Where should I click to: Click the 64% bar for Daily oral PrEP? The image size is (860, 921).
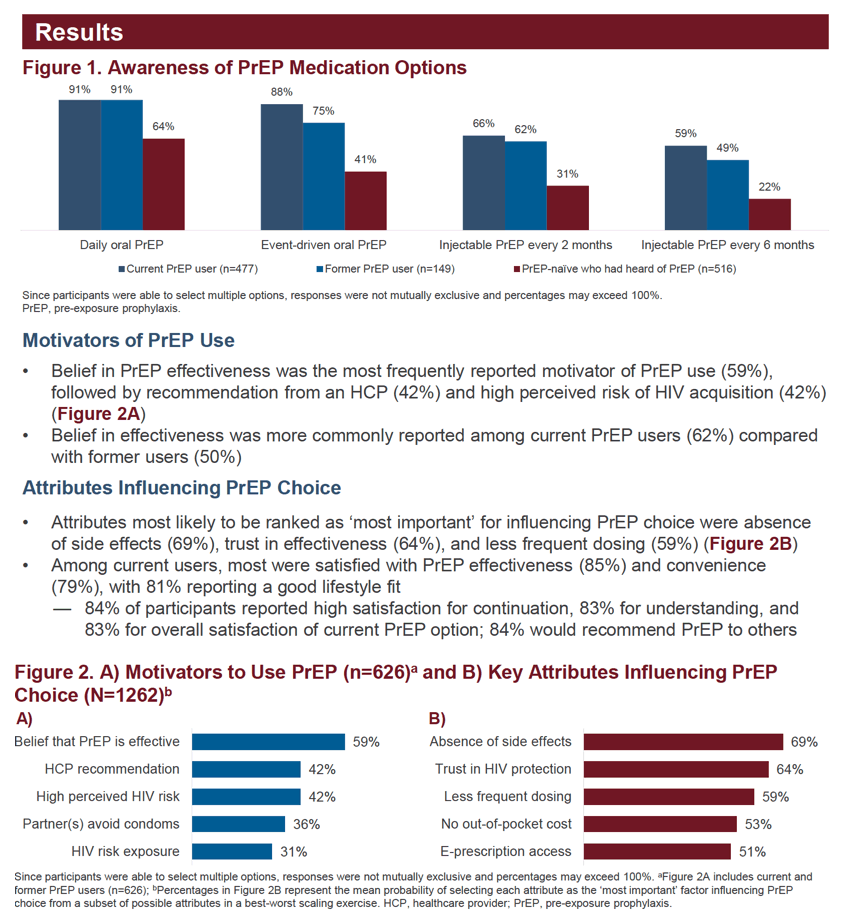(x=163, y=184)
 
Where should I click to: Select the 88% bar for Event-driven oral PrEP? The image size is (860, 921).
(x=282, y=167)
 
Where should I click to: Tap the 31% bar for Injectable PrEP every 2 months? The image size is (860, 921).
(x=567, y=207)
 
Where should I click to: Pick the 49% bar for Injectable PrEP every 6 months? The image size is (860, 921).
(x=727, y=194)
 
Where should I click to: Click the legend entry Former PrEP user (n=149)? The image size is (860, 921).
(x=385, y=269)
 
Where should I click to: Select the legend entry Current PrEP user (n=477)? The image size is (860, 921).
(x=188, y=269)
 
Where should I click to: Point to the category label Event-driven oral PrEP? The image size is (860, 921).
(x=324, y=245)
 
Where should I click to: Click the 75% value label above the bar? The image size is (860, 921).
(x=323, y=111)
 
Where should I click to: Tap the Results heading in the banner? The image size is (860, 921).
(x=79, y=32)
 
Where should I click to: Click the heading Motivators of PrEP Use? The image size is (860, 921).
(x=129, y=341)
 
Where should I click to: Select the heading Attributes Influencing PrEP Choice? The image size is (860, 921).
(x=182, y=488)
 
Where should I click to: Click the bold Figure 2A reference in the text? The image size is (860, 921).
(x=99, y=414)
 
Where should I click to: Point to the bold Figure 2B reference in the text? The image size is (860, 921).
(x=751, y=544)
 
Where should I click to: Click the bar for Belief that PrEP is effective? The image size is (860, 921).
(x=268, y=742)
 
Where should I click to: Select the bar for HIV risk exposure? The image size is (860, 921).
(x=232, y=852)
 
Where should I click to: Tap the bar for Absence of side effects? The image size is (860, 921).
(x=683, y=742)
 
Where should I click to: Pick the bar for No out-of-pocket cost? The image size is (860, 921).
(x=660, y=824)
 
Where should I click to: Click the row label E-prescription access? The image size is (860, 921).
(x=506, y=852)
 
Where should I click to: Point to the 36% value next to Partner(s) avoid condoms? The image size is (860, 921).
(x=307, y=825)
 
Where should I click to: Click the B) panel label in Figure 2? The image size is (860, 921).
(x=437, y=719)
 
